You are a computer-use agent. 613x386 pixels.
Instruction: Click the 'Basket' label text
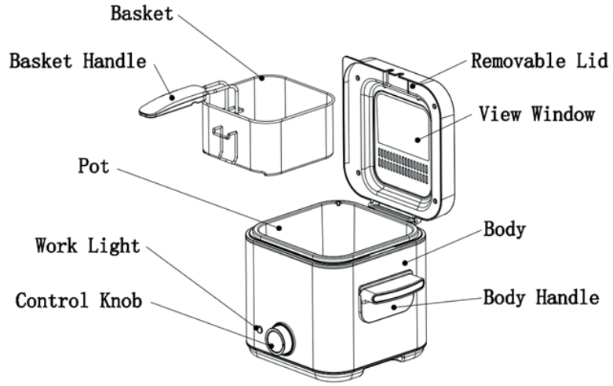click(x=141, y=13)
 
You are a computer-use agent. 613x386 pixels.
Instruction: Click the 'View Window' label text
click(x=537, y=115)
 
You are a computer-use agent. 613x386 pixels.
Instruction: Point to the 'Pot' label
click(x=95, y=167)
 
